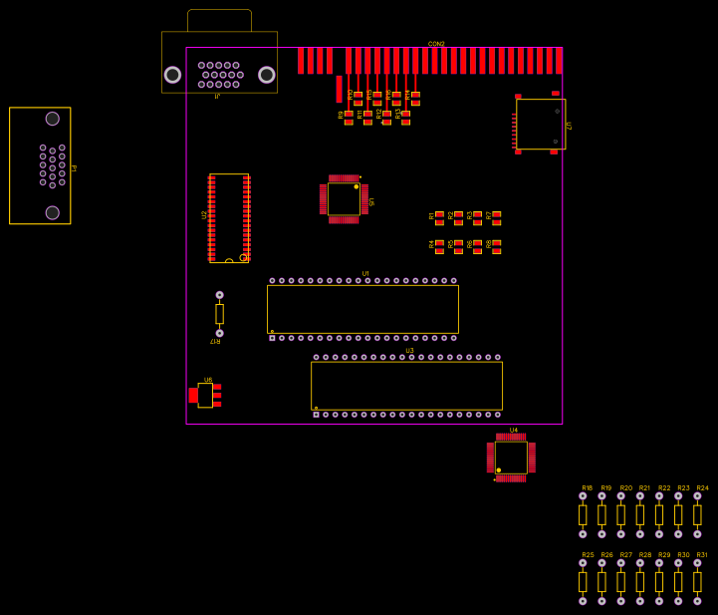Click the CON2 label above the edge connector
pos(436,44)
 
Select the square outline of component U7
pos(541,124)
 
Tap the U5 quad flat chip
pos(344,198)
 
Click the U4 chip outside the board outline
pos(511,458)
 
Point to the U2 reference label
pos(204,214)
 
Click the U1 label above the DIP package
pos(365,273)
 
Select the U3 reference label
pos(409,351)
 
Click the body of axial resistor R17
pos(219,314)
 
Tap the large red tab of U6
pos(193,395)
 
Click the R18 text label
pos(587,488)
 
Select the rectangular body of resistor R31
pos(697,582)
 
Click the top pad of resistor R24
pos(697,495)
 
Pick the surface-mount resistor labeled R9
pos(349,118)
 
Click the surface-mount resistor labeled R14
pos(415,98)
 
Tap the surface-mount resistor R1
pos(439,217)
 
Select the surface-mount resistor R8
pos(496,246)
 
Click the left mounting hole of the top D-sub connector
pos(172,75)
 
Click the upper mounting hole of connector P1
pos(52,119)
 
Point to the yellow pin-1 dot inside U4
pos(498,469)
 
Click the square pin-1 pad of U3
pos(316,415)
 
